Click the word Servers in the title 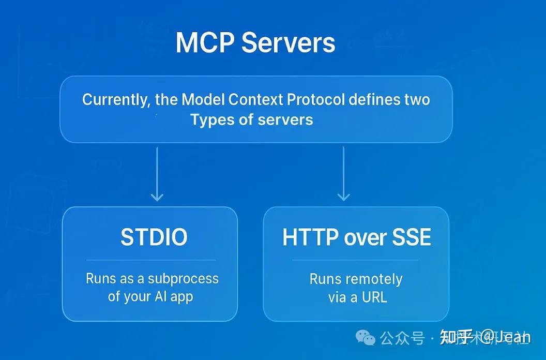point(289,42)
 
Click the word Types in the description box point(209,119)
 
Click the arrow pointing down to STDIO point(157,174)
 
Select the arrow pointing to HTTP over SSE point(343,174)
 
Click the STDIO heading point(154,237)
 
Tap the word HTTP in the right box point(309,237)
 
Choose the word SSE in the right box point(412,237)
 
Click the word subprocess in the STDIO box point(183,279)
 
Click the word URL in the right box point(374,297)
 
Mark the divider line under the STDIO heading point(150,260)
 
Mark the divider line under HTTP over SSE point(355,260)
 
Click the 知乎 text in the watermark point(456,338)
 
